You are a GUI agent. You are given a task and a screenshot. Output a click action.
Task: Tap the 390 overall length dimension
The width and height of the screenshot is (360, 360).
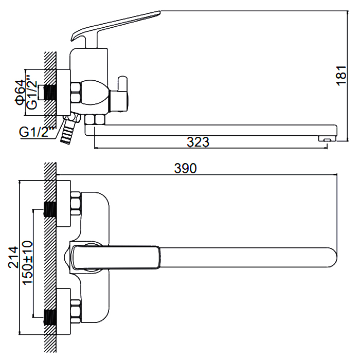click(x=186, y=168)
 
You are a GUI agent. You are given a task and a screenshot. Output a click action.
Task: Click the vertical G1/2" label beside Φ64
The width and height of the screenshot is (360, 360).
click(x=32, y=93)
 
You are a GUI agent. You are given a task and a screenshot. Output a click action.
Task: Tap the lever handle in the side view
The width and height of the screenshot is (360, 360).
click(x=113, y=24)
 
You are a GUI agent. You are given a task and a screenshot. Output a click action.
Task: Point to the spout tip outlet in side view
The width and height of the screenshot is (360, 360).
click(x=325, y=138)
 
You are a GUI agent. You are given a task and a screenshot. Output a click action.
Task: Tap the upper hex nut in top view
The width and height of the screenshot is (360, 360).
click(x=76, y=204)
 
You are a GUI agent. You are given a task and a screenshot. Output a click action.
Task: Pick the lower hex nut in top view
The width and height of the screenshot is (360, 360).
click(x=76, y=310)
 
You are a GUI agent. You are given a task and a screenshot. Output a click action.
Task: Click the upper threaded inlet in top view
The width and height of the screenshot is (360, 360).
click(x=50, y=209)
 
